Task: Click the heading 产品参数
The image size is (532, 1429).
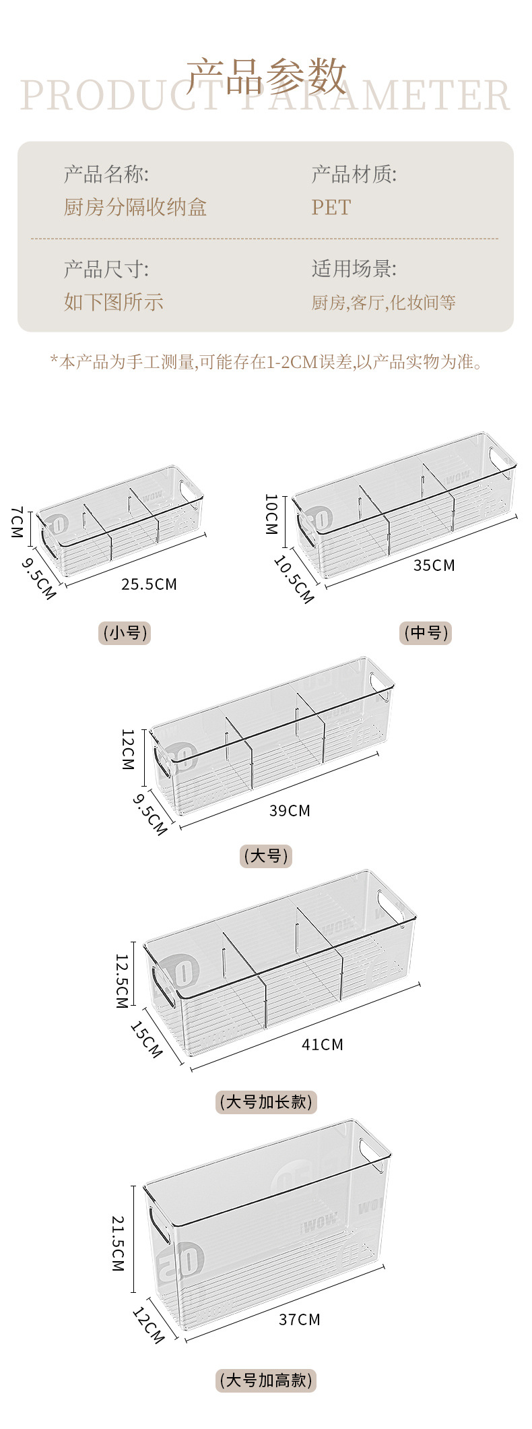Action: coord(266,75)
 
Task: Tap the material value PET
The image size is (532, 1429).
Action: coord(331,207)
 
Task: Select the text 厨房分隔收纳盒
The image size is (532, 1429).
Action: coord(135,207)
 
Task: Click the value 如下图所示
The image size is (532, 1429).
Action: coord(114,301)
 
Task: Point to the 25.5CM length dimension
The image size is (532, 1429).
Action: coord(149,584)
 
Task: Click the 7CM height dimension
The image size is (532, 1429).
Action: coord(17,522)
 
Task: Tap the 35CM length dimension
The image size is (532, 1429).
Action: coord(434,565)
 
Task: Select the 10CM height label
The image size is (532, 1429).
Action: coord(271,514)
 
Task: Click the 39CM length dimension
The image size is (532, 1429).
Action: coord(290,810)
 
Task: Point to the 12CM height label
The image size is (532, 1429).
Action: coord(127,749)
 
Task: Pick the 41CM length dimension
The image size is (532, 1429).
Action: coord(323,1044)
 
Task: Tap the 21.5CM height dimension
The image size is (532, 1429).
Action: coord(118,1244)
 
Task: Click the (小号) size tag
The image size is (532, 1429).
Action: coord(125,633)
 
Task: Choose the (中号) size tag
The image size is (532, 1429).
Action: coord(426,633)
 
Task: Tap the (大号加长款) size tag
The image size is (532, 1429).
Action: coord(266,1102)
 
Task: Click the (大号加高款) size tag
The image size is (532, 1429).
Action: coord(266,1380)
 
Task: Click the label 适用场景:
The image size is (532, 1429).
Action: coord(354,269)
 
